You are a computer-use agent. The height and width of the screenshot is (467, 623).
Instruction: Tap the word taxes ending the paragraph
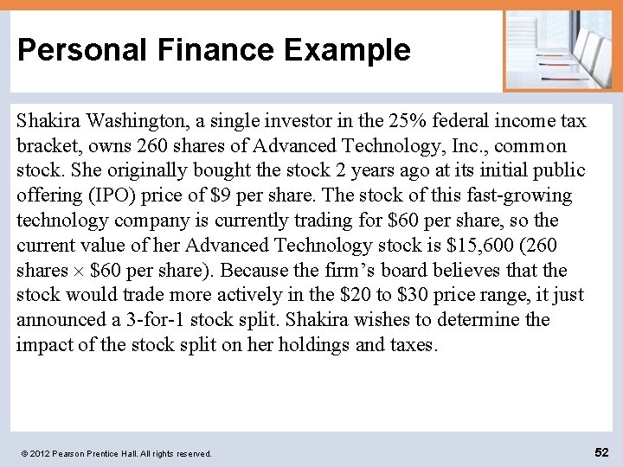point(411,345)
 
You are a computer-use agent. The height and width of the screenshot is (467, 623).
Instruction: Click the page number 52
point(602,451)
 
